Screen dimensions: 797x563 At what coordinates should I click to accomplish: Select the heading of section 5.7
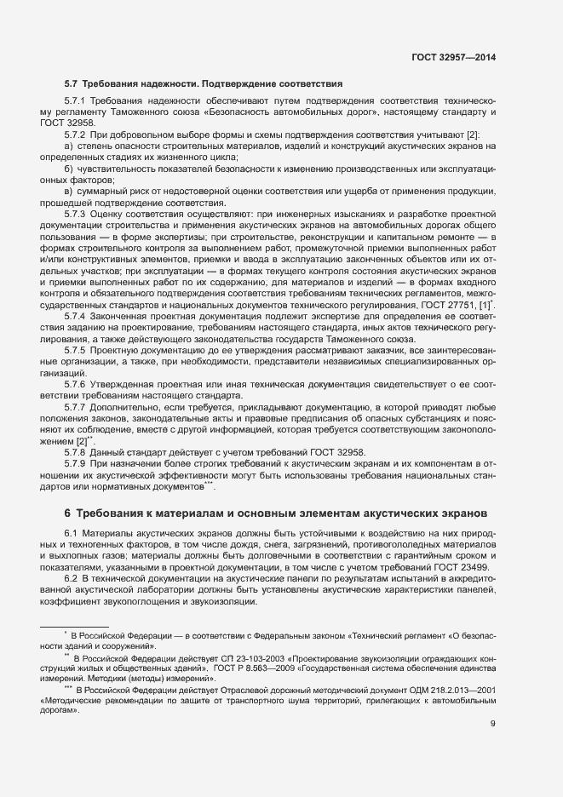[x=204, y=84]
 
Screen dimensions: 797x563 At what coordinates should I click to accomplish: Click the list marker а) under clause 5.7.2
[x=68, y=146]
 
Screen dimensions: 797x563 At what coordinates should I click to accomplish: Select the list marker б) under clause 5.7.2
[x=68, y=169]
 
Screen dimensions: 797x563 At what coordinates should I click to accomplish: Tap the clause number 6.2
[x=71, y=580]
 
